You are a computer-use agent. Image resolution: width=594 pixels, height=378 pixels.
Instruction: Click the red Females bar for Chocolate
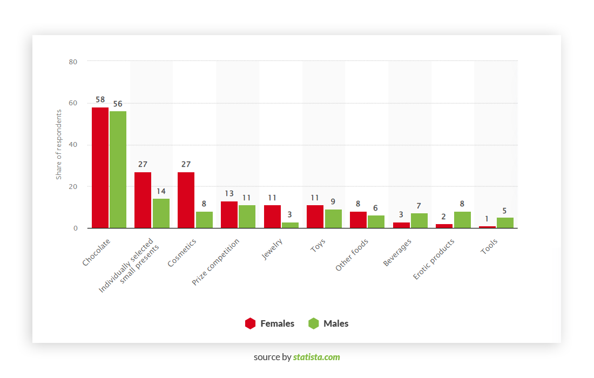pos(100,167)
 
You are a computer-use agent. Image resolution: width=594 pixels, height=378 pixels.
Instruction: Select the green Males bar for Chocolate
pos(118,170)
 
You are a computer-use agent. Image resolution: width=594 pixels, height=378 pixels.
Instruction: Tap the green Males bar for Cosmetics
pos(204,220)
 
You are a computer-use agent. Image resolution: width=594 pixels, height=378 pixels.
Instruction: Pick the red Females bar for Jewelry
pos(272,217)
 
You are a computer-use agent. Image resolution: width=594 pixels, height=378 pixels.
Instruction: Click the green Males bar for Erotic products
pos(462,220)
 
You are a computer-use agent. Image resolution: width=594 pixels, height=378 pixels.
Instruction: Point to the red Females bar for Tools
pos(487,227)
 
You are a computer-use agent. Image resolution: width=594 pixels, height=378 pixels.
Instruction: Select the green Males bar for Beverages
pos(419,221)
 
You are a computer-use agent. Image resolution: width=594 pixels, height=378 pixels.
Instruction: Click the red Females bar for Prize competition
pos(229,214)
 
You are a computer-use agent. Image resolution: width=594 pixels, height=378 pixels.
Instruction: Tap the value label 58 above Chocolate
pos(100,100)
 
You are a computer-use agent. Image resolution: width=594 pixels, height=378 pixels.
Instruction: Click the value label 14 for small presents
pos(161,191)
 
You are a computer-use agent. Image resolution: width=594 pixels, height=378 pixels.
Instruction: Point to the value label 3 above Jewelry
pos(290,214)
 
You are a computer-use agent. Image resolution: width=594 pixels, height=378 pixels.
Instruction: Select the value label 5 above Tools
pos(505,211)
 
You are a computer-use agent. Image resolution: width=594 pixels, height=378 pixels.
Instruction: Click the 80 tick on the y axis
pos(73,62)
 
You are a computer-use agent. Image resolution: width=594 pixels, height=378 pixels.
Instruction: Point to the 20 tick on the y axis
pos(73,187)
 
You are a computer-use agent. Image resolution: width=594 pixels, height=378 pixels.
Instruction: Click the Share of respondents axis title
pos(59,145)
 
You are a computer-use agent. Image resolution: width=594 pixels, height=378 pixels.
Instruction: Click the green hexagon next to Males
pos(314,323)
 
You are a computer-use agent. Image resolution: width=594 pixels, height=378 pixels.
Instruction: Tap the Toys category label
pos(318,246)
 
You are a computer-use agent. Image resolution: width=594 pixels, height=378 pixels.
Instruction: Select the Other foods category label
pos(352,255)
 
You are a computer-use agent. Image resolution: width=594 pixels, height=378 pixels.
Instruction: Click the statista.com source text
pos(316,357)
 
